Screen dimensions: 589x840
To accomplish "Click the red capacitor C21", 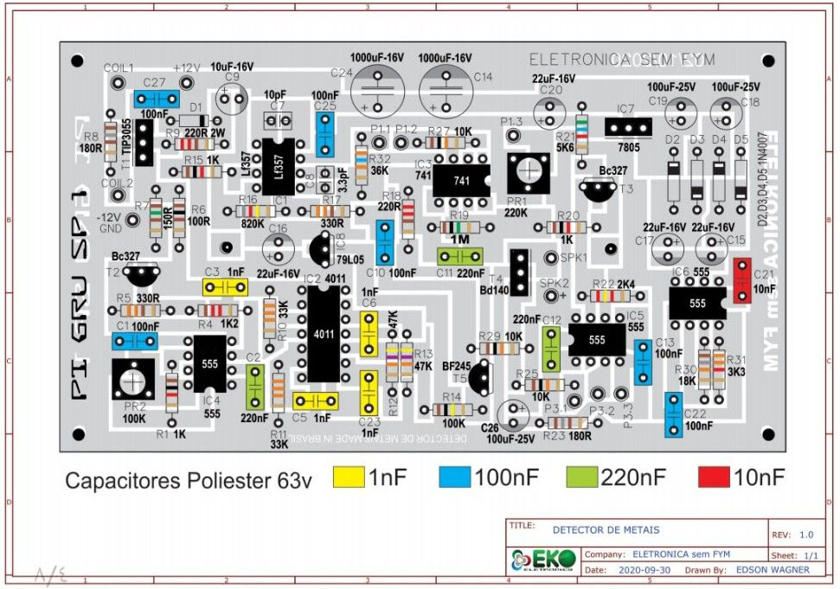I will tap(741, 280).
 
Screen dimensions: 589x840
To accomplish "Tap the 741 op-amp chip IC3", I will tap(461, 180).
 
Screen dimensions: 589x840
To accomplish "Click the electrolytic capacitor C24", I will tap(377, 87).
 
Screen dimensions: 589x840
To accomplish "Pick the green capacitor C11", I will tap(459, 256).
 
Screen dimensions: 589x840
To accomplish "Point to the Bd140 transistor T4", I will tap(519, 272).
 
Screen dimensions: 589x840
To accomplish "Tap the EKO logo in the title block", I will tap(543, 560).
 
